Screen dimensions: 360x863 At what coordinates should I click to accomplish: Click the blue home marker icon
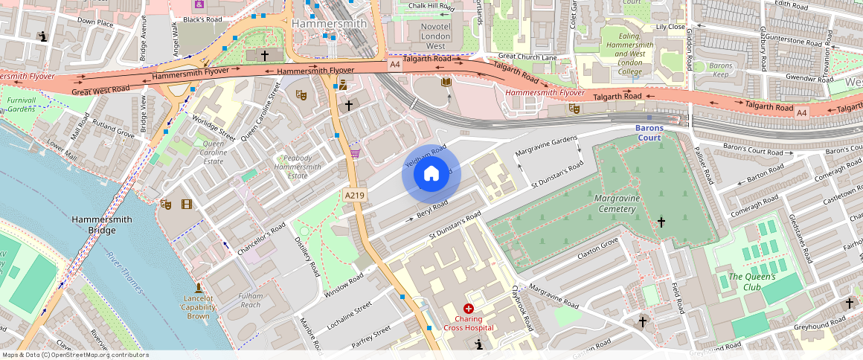click(431, 175)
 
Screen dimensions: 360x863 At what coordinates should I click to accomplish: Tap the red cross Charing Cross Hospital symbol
click(468, 308)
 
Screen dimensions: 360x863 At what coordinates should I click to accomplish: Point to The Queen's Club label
click(751, 282)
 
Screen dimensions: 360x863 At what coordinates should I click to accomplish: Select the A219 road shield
click(354, 195)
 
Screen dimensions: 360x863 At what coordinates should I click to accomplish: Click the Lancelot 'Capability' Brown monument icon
click(199, 287)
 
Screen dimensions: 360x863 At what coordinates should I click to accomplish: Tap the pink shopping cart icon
click(356, 153)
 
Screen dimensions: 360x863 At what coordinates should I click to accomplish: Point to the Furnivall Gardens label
click(21, 104)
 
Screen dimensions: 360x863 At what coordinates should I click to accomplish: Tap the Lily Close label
click(670, 27)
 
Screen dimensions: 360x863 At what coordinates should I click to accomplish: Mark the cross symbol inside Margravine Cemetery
click(661, 222)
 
